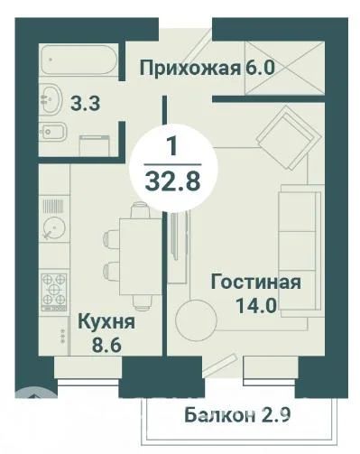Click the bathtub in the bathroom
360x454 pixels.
point(78,60)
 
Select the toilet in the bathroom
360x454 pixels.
point(53,132)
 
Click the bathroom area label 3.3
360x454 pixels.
point(85,103)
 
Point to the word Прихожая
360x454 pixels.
point(190,68)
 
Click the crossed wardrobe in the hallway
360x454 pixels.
point(284,68)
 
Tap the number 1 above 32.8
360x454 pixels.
point(172,146)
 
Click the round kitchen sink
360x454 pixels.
point(54,227)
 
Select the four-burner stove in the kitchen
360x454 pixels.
point(54,292)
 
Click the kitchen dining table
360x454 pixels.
point(141,256)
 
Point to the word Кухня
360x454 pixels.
point(106,323)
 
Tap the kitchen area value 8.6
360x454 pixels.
point(106,345)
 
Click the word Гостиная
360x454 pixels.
point(256,282)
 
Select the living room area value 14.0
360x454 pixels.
point(256,305)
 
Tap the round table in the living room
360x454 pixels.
point(196,320)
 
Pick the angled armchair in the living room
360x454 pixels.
point(289,137)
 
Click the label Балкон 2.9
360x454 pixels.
point(237,415)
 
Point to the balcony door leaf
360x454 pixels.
point(220,365)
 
